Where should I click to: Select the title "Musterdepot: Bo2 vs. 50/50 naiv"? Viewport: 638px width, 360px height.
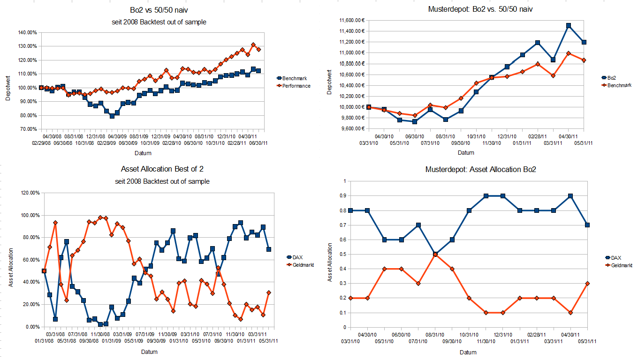point(480,9)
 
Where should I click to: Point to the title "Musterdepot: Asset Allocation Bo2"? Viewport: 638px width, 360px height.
point(480,169)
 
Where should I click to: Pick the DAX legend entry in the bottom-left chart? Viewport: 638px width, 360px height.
point(297,257)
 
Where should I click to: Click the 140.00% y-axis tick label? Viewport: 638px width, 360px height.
point(27,32)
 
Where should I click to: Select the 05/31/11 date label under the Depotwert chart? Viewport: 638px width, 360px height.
point(584,143)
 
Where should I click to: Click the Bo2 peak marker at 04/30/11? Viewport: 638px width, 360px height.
point(569,26)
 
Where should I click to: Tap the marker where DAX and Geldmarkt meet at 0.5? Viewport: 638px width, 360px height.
point(435,254)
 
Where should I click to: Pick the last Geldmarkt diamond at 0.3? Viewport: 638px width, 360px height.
point(587,284)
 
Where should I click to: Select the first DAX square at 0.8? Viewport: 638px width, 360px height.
point(350,210)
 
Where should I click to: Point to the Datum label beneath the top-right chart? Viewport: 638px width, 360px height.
point(466,153)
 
